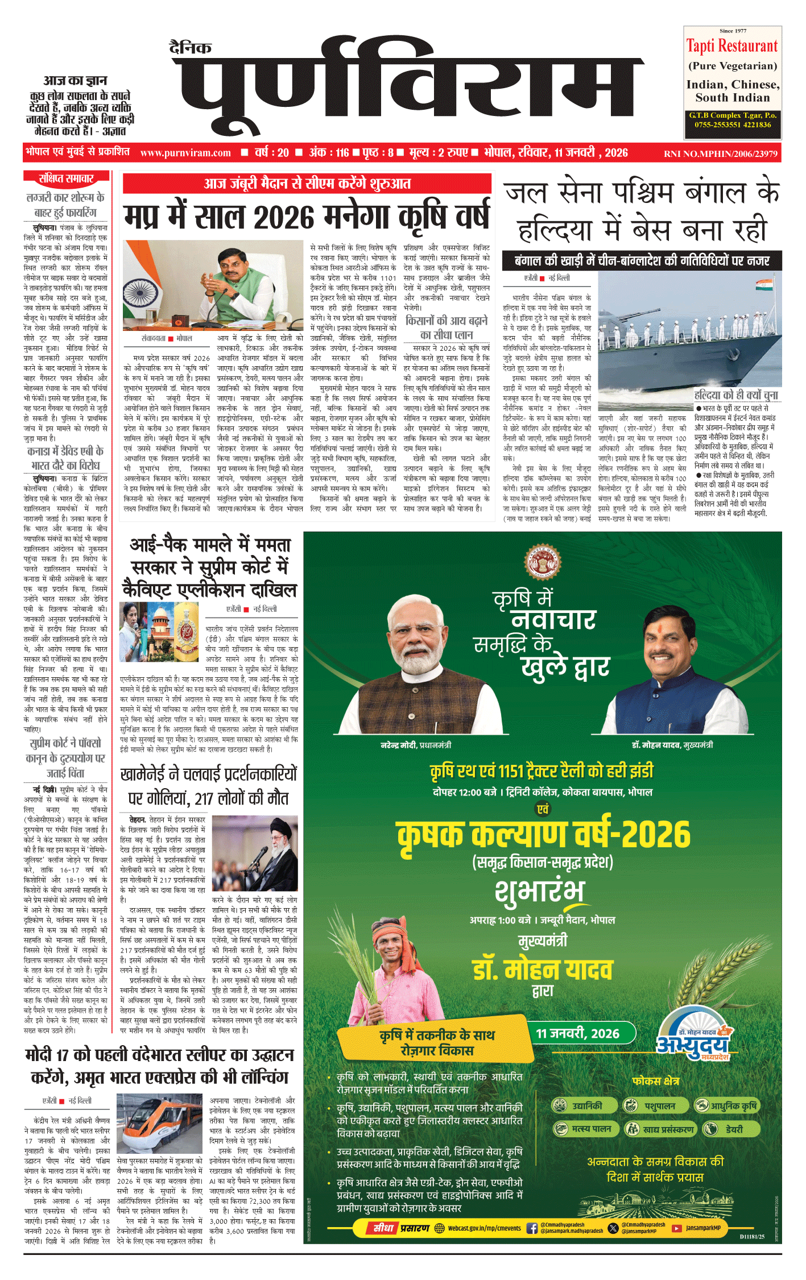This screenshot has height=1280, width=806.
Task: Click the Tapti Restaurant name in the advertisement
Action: (x=732, y=46)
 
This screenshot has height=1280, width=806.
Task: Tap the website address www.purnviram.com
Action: (x=185, y=153)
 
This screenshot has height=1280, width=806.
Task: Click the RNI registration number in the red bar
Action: (x=721, y=154)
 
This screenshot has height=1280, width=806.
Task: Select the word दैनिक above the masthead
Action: (x=191, y=47)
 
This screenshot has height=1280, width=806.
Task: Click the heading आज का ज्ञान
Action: (x=76, y=80)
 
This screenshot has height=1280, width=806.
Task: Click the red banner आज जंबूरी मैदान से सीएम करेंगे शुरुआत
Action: (x=307, y=183)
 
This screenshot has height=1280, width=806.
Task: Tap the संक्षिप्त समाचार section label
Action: (x=65, y=179)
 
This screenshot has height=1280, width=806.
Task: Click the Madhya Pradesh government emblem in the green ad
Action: (x=542, y=561)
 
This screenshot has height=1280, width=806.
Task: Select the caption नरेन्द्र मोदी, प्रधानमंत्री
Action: (x=416, y=745)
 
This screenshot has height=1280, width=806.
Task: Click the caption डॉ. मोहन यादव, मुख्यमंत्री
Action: (x=672, y=745)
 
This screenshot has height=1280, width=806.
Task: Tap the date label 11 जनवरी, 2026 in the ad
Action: (x=577, y=1033)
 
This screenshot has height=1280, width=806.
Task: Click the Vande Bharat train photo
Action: (x=159, y=1124)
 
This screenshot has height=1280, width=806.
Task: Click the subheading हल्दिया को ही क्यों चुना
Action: (x=736, y=395)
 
